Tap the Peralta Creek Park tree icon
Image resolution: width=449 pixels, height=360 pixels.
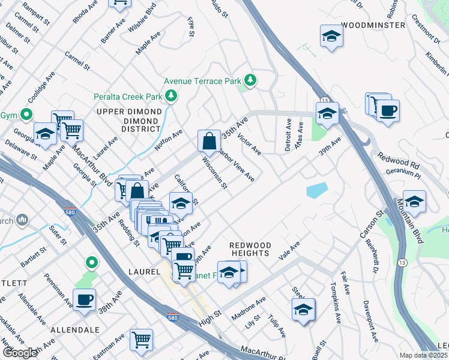(x=172, y=96)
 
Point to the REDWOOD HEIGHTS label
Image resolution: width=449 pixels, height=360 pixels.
(x=250, y=249)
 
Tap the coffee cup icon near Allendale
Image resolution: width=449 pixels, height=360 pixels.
(x=84, y=299)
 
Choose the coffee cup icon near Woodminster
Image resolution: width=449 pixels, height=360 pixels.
(x=388, y=110)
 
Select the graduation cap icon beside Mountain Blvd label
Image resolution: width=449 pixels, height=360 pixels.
(x=414, y=201)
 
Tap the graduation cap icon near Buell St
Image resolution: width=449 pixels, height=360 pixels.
(x=304, y=310)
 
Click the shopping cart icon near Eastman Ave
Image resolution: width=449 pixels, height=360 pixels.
(x=142, y=340)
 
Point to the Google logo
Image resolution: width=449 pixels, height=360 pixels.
(x=20, y=353)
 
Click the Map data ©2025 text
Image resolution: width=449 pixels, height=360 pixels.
(x=423, y=355)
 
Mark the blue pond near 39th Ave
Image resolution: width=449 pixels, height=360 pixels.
(x=316, y=190)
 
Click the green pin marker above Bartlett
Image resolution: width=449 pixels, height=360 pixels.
(x=91, y=262)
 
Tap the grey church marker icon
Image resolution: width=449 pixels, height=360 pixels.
(x=23, y=220)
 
